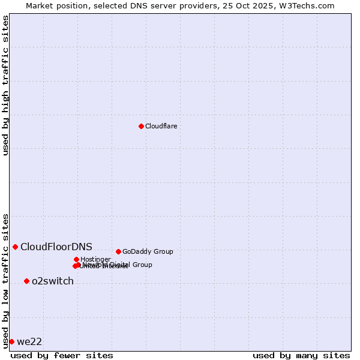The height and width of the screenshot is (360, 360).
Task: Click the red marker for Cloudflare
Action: click(x=141, y=126)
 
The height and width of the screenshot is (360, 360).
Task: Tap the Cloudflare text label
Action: click(x=161, y=126)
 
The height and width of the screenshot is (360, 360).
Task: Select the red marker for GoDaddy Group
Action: click(x=118, y=251)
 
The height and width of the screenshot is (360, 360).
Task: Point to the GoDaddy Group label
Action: click(x=148, y=251)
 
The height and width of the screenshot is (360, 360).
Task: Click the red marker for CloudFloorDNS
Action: click(x=15, y=247)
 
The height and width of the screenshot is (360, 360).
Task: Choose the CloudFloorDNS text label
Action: click(x=56, y=247)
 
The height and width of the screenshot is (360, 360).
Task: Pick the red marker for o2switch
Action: click(x=26, y=281)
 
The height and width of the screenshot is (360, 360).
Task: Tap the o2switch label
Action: click(x=53, y=281)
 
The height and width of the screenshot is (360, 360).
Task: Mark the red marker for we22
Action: click(x=11, y=341)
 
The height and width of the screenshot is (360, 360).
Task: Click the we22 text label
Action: click(x=29, y=341)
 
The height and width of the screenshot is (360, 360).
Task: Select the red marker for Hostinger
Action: click(x=76, y=259)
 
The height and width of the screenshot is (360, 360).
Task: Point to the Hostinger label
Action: click(x=95, y=259)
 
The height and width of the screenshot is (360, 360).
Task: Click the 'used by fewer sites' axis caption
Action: click(x=62, y=355)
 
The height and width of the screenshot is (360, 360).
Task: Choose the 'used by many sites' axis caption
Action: click(x=301, y=355)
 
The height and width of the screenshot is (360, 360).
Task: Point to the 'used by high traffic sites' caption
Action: click(x=5, y=85)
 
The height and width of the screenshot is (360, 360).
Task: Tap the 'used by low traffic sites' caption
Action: click(x=5, y=280)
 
